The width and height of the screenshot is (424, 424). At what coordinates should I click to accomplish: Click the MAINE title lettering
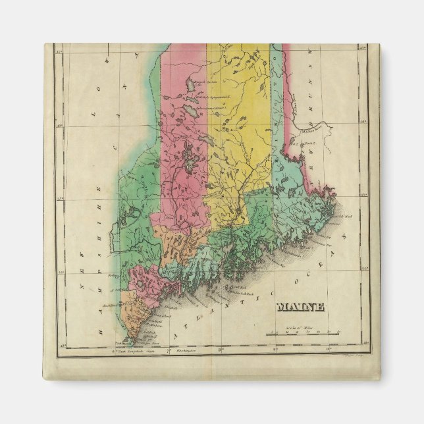coord(300,306)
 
